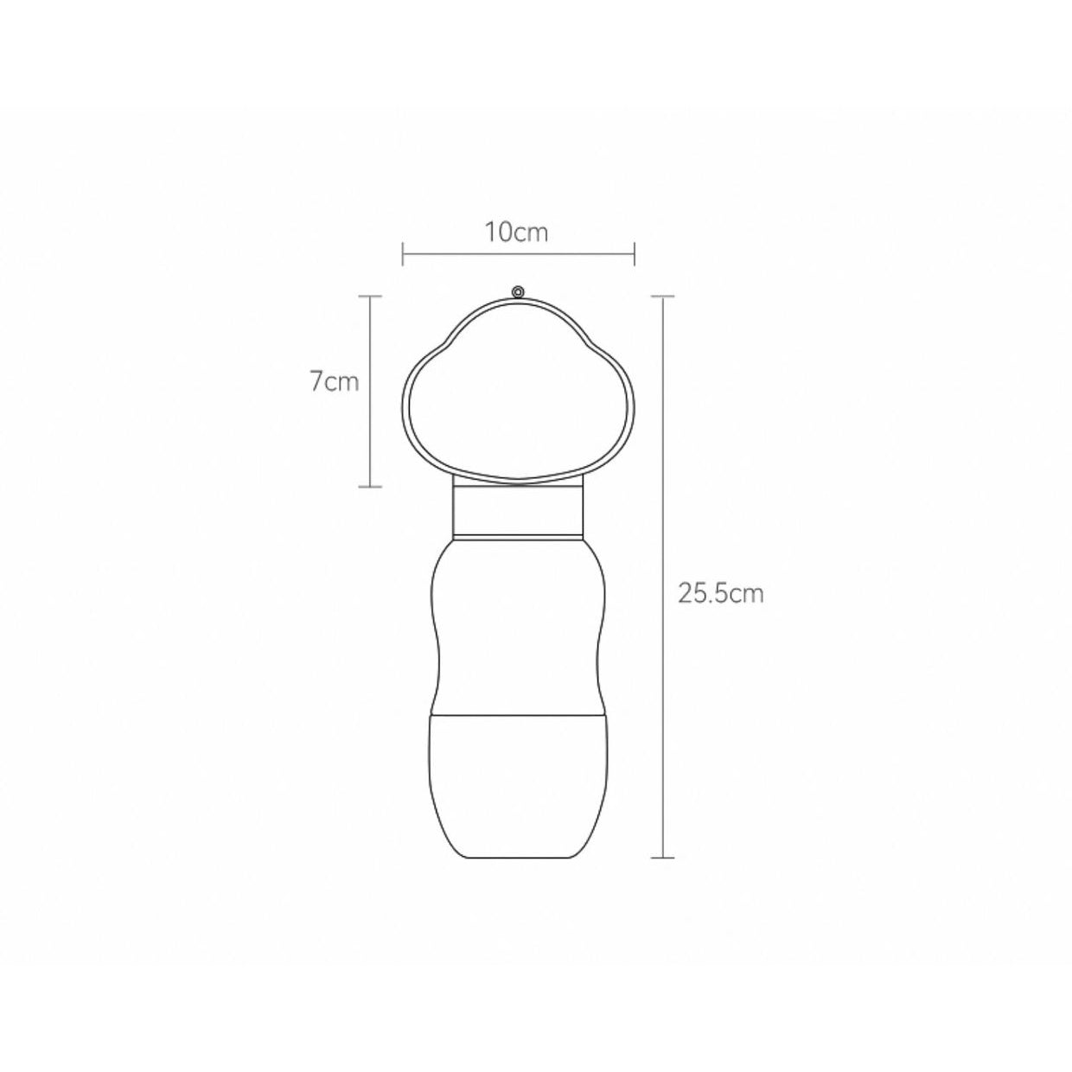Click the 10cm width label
click(x=516, y=233)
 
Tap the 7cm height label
click(x=334, y=381)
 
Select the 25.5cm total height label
click(x=720, y=594)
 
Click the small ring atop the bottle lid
click(x=518, y=292)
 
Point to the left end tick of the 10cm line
click(x=403, y=253)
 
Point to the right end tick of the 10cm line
click(x=635, y=253)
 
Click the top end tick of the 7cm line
click(x=370, y=297)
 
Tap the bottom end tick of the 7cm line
click(x=370, y=487)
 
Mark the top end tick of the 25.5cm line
click(x=662, y=297)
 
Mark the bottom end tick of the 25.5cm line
click(x=662, y=858)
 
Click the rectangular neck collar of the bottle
click(x=518, y=510)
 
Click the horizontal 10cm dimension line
click(x=519, y=253)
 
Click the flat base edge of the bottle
click(x=518, y=858)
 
